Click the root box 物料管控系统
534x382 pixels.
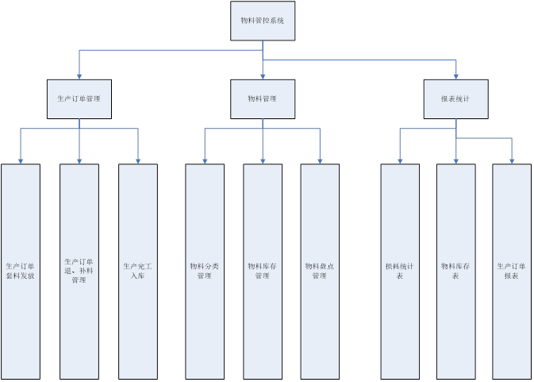pyautogui.click(x=263, y=21)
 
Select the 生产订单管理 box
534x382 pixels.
pyautogui.click(x=79, y=99)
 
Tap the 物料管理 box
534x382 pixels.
pyautogui.click(x=263, y=99)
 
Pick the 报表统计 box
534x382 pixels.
pyautogui.click(x=455, y=99)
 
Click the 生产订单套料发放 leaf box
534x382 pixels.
pyautogui.click(x=21, y=270)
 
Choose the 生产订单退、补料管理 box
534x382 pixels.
pyautogui.click(x=79, y=270)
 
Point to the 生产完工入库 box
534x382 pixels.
pyautogui.click(x=138, y=270)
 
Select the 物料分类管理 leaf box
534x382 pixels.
pyautogui.click(x=205, y=270)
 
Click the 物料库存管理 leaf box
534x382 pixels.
pyautogui.click(x=263, y=270)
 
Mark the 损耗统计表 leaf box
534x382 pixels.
pyautogui.click(x=400, y=270)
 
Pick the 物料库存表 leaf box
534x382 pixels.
pyautogui.click(x=456, y=270)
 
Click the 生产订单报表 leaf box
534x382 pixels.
pyautogui.click(x=512, y=270)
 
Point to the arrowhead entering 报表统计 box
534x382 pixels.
pyautogui.click(x=456, y=75)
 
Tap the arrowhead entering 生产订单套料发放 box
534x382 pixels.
pyautogui.click(x=21, y=160)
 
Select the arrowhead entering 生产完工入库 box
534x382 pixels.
pyautogui.click(x=138, y=160)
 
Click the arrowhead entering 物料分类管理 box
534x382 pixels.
pyautogui.click(x=205, y=160)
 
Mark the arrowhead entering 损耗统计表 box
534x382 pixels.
pyautogui.click(x=400, y=160)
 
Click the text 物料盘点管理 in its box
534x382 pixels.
pyautogui.click(x=320, y=271)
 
